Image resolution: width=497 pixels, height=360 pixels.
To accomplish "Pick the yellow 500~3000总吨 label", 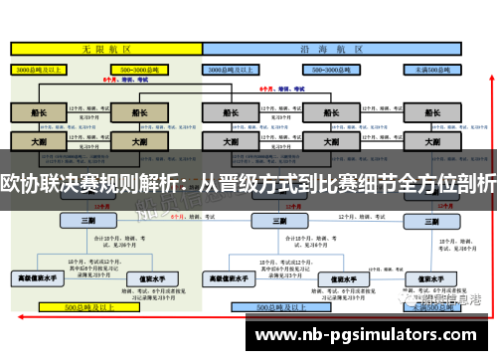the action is click(x=139, y=71).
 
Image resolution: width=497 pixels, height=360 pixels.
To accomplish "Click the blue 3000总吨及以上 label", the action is click(x=231, y=71).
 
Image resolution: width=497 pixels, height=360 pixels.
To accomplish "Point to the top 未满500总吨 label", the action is click(x=434, y=71).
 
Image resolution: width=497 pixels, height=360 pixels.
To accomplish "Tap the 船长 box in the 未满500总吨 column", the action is click(x=434, y=112).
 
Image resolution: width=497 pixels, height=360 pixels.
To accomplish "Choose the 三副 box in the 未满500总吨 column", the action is click(x=434, y=221).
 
